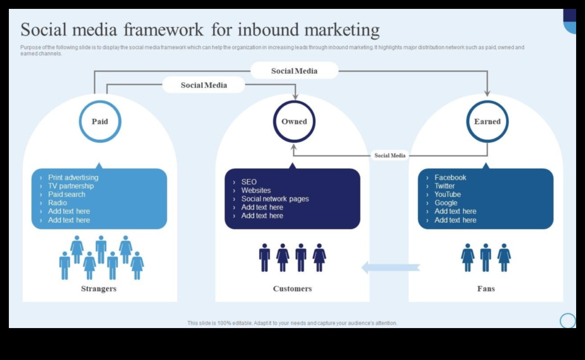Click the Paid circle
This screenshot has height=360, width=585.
(x=100, y=121)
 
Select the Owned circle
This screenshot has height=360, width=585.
(x=294, y=121)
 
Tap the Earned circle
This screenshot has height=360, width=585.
(x=487, y=121)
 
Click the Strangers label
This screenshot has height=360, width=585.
(x=99, y=289)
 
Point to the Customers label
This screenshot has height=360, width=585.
(x=292, y=289)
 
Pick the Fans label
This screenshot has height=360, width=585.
(x=486, y=289)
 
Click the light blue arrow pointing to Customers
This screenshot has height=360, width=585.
(x=390, y=267)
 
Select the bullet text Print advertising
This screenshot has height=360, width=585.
(x=73, y=177)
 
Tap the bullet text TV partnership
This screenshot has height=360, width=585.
(x=71, y=186)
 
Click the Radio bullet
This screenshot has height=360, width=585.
(x=58, y=203)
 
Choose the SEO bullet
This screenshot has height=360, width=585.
(x=249, y=182)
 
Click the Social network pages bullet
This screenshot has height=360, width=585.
(x=275, y=199)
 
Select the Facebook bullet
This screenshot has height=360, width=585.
(x=450, y=177)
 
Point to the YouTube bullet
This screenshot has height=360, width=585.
(x=448, y=194)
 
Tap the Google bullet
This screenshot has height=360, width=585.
(x=446, y=203)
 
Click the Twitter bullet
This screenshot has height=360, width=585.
(x=445, y=186)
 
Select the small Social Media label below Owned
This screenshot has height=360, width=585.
(x=390, y=156)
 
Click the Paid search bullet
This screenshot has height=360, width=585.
(x=66, y=194)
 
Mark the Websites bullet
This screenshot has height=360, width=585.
(x=256, y=190)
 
